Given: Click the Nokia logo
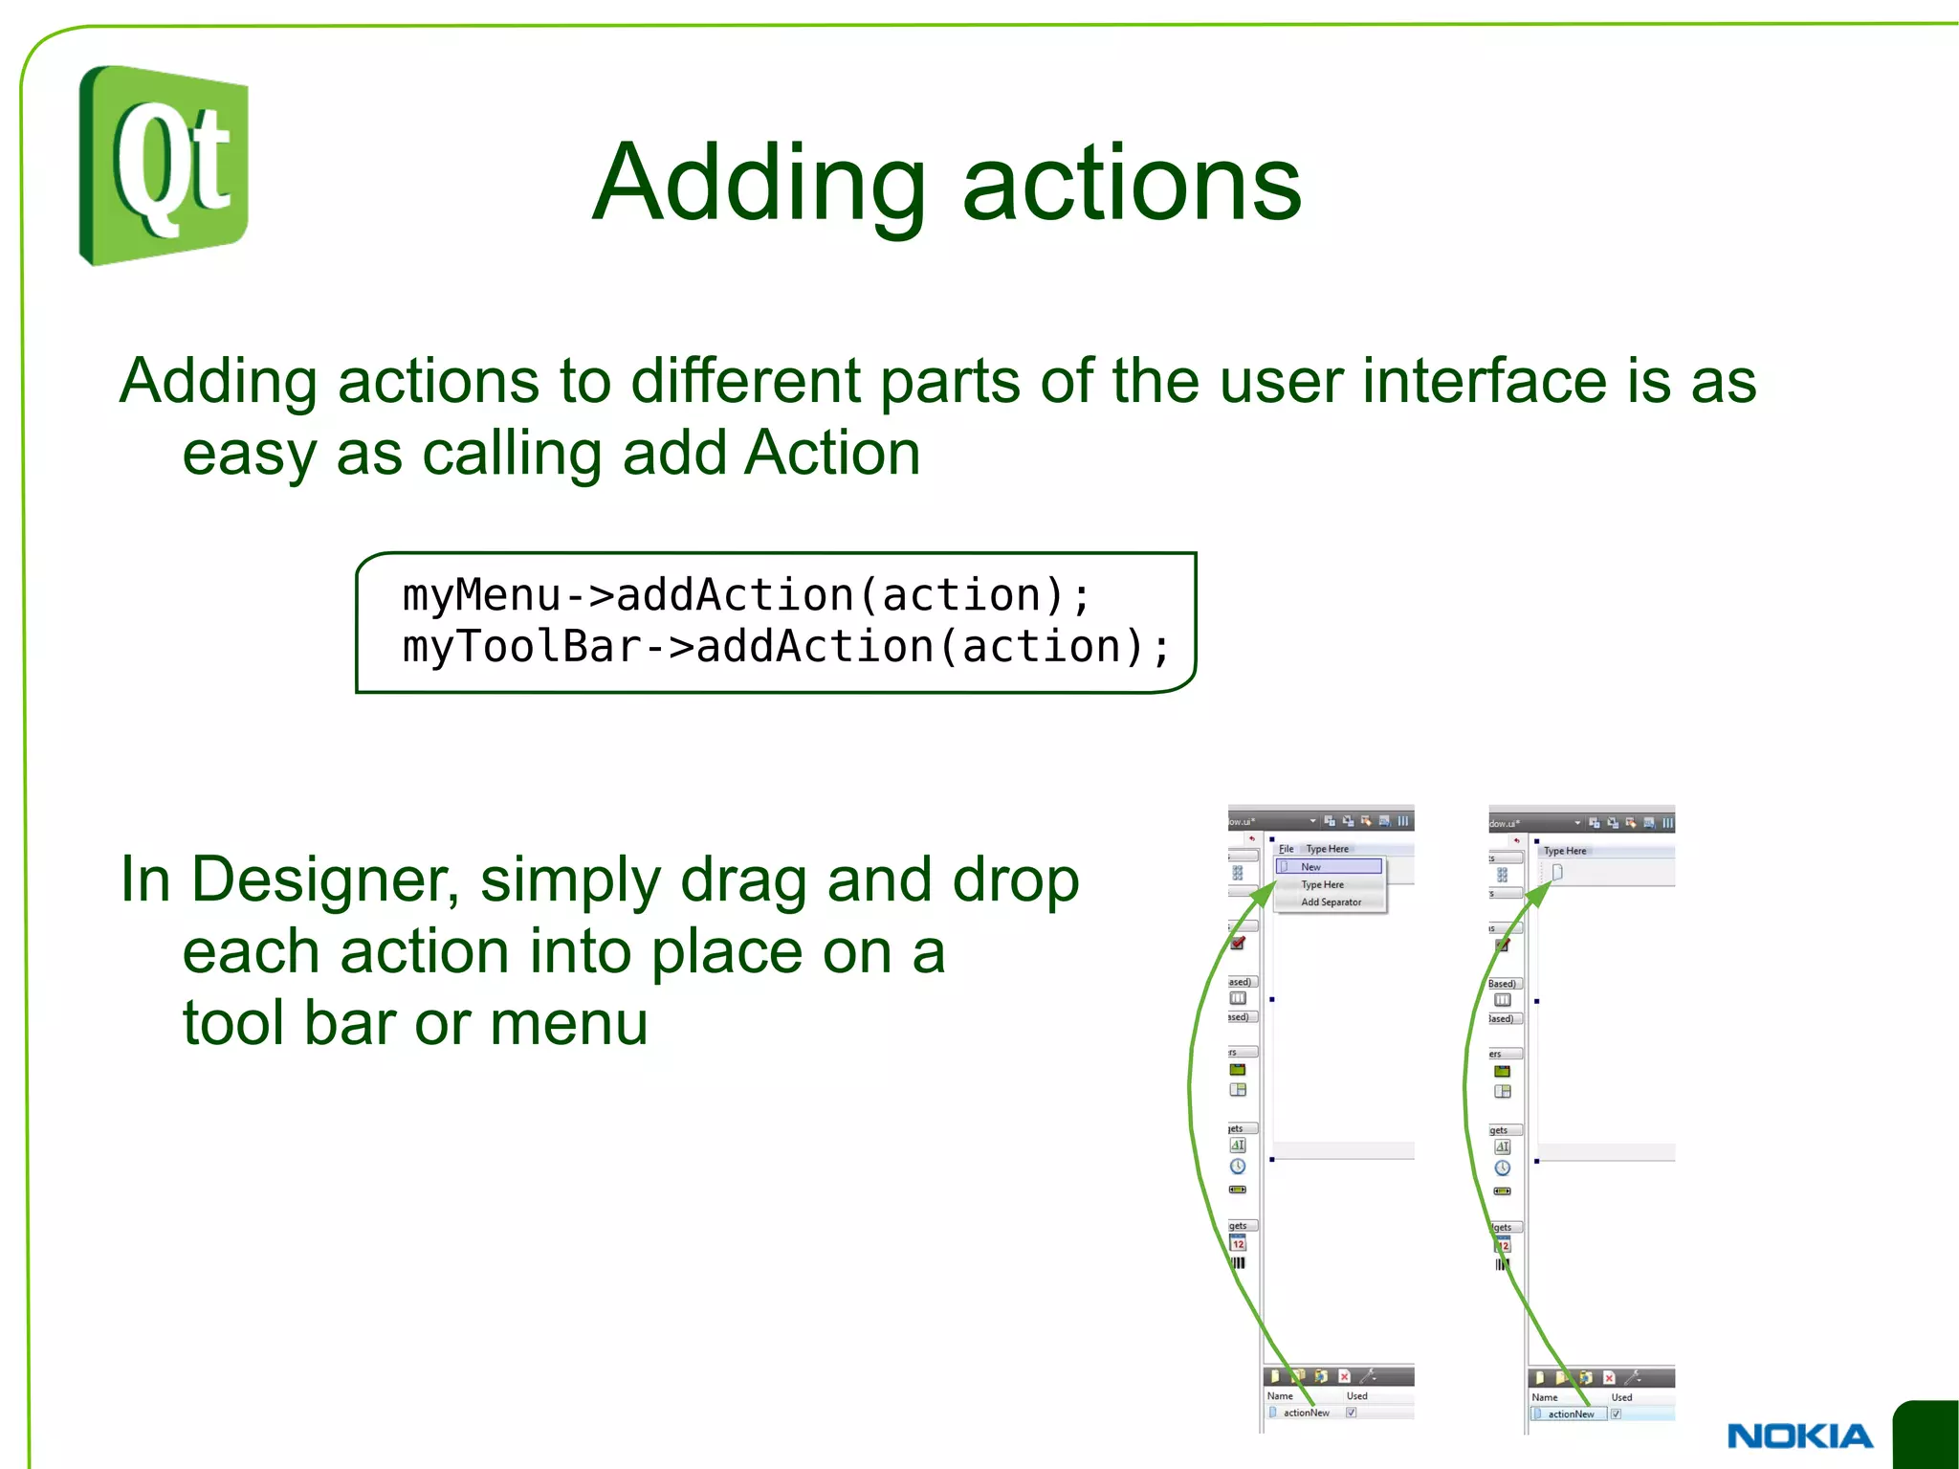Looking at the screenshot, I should (x=1799, y=1436).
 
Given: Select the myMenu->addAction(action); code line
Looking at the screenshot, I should (x=746, y=595).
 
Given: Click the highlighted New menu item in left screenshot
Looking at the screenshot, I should (x=1329, y=866).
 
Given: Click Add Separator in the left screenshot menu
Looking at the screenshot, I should (x=1331, y=901).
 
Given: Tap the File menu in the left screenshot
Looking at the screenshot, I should (x=1286, y=849).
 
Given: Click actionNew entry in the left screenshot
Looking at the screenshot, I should (x=1306, y=1413).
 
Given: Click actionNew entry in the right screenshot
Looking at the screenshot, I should (x=1571, y=1413).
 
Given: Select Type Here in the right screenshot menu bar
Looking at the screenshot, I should (x=1565, y=851).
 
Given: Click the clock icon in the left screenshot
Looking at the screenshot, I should (x=1238, y=1167).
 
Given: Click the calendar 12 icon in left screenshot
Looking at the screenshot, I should (x=1238, y=1244).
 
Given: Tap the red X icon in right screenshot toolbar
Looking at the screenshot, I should (x=1609, y=1378).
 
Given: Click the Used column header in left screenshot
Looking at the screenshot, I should (x=1356, y=1396).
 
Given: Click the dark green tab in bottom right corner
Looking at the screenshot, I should (x=1927, y=1436).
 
